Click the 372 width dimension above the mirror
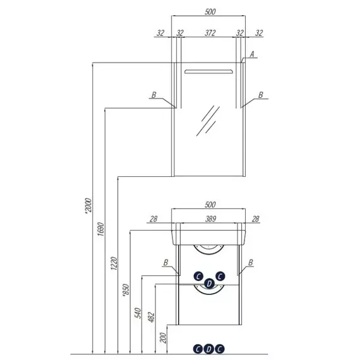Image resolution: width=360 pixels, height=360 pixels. pos(210,33)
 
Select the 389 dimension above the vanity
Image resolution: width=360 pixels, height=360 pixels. pos(210,219)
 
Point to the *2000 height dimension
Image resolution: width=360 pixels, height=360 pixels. pos(88,206)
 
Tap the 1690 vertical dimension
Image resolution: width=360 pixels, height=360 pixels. pos(100,229)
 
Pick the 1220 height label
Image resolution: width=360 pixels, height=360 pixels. pos(114,263)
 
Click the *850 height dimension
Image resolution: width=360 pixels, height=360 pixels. pos(126,291)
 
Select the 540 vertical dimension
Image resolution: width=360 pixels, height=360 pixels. pos(138,313)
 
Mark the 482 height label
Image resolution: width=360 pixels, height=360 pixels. pos(151,317)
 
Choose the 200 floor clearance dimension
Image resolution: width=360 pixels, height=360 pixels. pos(163,338)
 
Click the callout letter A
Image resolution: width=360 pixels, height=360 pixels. pos(252,54)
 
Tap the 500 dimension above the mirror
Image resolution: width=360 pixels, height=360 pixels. pos(210,11)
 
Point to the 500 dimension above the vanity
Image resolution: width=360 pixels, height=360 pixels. pos(210,205)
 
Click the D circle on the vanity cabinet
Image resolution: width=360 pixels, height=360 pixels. pos(209,284)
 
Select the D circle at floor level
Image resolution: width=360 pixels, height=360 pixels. pos(208,349)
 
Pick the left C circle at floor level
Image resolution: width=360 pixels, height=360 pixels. pos(198,349)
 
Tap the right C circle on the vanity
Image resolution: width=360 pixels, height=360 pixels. pos(220,276)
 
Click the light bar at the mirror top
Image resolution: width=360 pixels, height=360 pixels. pos(208,71)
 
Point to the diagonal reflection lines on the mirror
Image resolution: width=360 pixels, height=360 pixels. pos(208,121)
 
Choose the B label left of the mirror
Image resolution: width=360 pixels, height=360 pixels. pos(154,95)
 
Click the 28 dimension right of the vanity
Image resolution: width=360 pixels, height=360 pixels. pos(255,219)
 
